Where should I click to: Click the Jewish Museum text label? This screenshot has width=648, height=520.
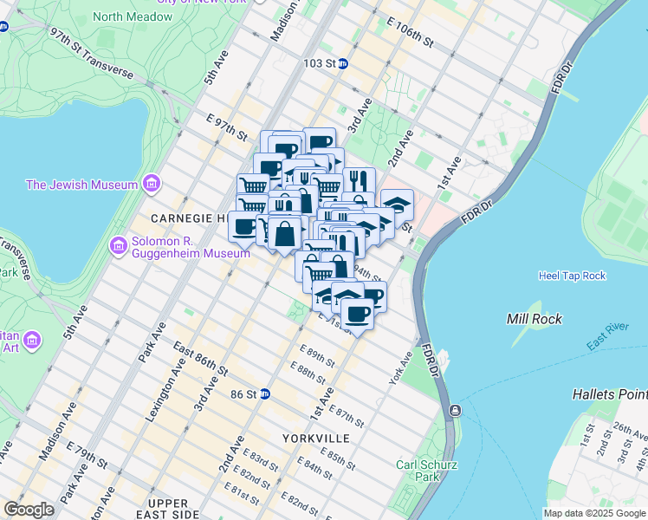[x=81, y=185]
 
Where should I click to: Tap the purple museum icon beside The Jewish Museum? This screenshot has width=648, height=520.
[x=152, y=184]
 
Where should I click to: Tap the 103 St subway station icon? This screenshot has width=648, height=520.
[x=343, y=63]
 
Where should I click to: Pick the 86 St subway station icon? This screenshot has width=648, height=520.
[x=265, y=393]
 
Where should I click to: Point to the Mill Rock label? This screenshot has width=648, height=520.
[x=534, y=319]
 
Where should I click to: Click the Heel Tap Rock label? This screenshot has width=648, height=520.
[x=572, y=276]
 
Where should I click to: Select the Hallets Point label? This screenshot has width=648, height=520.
[x=610, y=394]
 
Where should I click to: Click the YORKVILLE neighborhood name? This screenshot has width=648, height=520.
[x=315, y=439]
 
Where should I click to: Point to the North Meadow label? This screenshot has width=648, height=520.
[x=132, y=16]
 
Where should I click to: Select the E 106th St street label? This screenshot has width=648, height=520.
[x=411, y=36]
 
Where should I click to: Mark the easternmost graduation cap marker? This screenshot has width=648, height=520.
[x=398, y=204]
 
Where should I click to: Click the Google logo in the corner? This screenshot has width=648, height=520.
[x=29, y=510]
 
